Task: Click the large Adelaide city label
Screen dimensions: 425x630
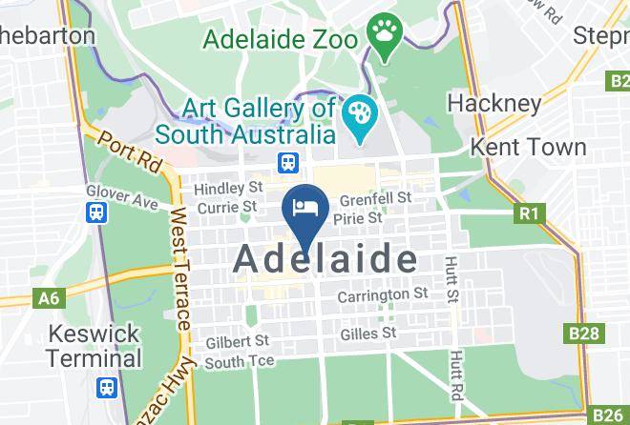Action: pyautogui.click(x=325, y=258)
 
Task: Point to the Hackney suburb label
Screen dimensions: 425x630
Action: pyautogui.click(x=494, y=102)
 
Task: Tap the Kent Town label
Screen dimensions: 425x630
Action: pyautogui.click(x=529, y=148)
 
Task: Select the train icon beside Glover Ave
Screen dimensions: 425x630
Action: pyautogui.click(x=95, y=213)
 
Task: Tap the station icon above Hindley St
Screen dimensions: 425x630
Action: pyautogui.click(x=286, y=164)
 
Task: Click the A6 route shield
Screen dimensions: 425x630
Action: pyautogui.click(x=49, y=299)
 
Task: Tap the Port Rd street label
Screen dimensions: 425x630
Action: pyautogui.click(x=124, y=153)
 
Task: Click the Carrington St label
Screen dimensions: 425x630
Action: pyautogui.click(x=383, y=295)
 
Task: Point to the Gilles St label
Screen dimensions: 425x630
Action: pyautogui.click(x=367, y=334)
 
